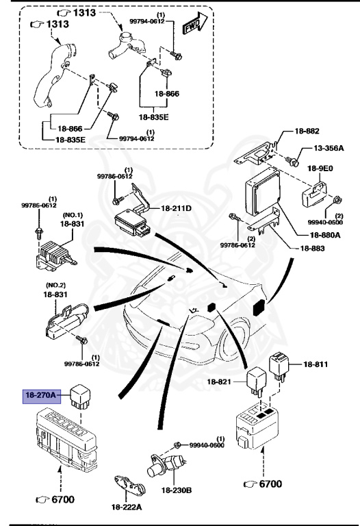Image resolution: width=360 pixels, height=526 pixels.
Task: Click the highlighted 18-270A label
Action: (42, 394)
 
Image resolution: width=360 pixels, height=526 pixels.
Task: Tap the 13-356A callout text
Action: (329, 148)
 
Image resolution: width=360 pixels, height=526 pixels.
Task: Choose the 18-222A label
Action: (127, 506)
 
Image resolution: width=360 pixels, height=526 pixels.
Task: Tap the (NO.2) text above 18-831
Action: (55, 284)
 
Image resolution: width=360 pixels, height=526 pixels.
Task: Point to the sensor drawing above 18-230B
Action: (165, 466)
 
